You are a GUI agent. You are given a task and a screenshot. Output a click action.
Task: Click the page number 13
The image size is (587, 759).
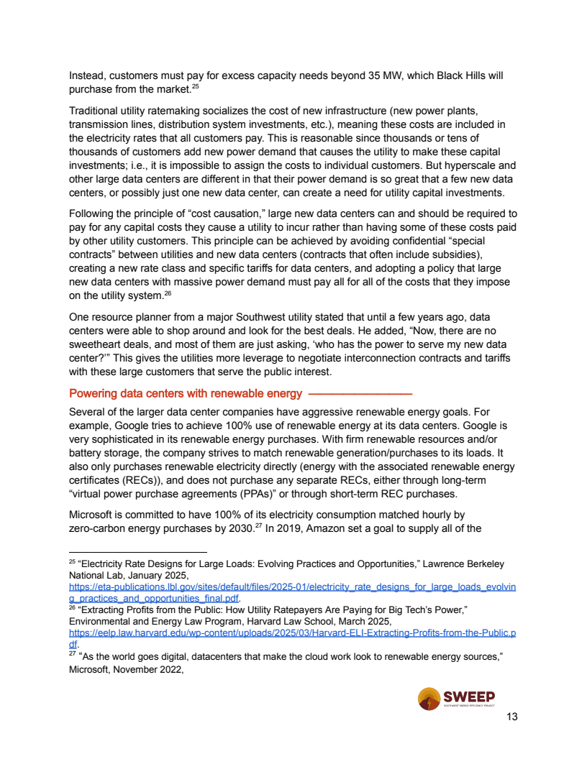click(512, 717)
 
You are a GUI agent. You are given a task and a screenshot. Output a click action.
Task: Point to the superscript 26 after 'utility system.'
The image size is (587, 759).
click(167, 293)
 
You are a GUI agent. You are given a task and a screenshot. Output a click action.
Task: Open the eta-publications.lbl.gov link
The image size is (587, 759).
click(292, 587)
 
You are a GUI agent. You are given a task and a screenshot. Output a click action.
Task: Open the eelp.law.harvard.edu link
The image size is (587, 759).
click(292, 633)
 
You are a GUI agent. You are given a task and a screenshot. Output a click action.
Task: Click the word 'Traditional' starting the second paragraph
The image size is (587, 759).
click(94, 111)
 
